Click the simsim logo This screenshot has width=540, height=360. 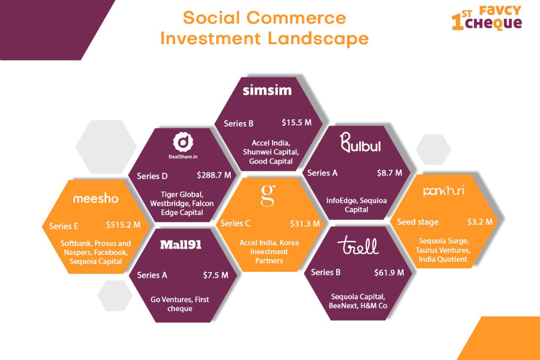tap(267, 90)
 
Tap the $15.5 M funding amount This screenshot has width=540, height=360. tap(297, 122)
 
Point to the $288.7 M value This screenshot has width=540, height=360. tap(214, 175)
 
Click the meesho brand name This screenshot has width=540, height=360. tap(96, 198)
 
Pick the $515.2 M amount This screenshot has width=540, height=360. tap(123, 225)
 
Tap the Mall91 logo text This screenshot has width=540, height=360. tap(181, 245)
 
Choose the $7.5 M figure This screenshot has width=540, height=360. tap(216, 275)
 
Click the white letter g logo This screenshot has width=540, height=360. tap(268, 195)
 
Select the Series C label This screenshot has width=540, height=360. tap(235, 223)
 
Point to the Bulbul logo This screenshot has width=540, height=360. tap(360, 142)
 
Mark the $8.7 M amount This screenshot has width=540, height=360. tap(389, 173)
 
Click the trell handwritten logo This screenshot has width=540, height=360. tap(358, 245)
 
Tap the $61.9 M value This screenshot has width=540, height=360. tap(389, 273)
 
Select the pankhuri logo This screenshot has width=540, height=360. tap(443, 191)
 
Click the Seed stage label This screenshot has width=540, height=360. tap(418, 222)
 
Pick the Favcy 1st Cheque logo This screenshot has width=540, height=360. tap(487, 18)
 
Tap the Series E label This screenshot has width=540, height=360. tap(64, 226)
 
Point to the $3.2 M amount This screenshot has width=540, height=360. tap(480, 222)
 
